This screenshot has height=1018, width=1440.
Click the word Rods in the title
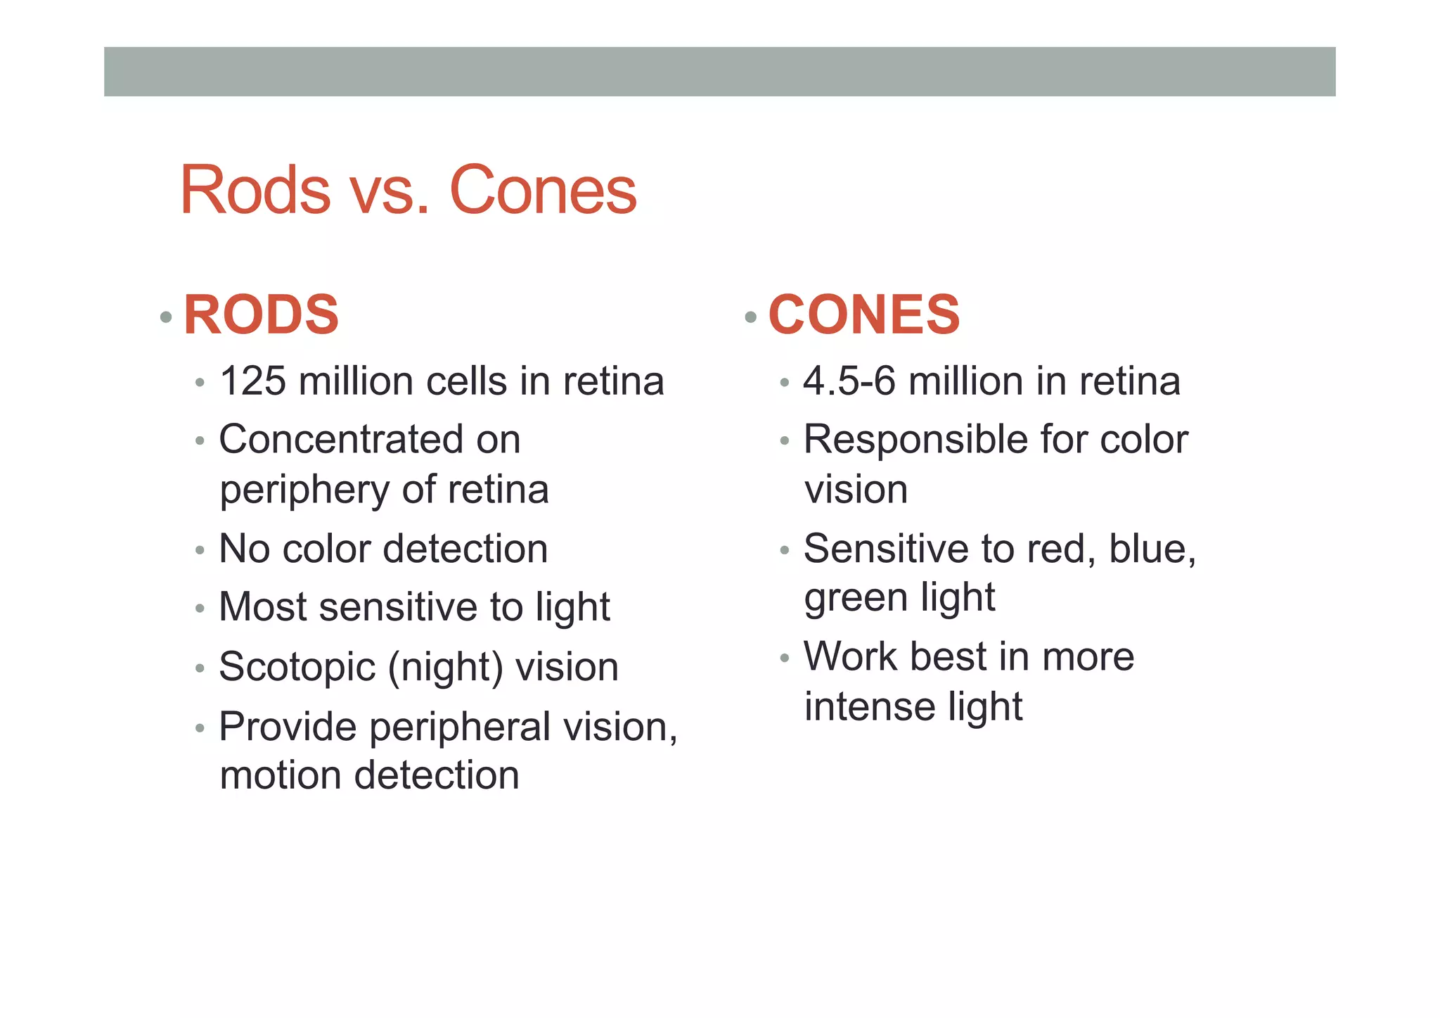point(255,190)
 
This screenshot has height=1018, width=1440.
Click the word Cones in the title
point(543,190)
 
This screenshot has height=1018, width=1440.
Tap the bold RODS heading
point(261,314)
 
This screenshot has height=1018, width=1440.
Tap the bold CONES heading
point(864,314)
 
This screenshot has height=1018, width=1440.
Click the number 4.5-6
point(849,382)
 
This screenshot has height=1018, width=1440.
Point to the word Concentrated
point(341,440)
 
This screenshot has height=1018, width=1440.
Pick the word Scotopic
point(297,668)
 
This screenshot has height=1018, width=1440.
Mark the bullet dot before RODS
point(166,317)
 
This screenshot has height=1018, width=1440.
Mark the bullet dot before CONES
point(750,317)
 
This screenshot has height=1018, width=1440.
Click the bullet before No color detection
point(200,550)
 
